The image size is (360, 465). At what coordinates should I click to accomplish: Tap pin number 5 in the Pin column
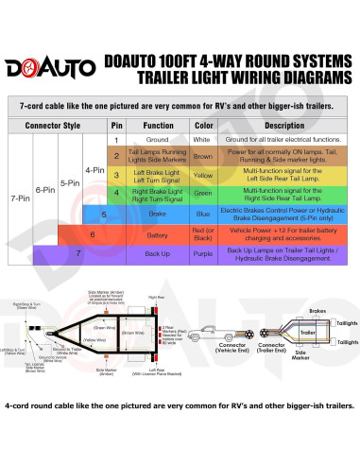pos(116,214)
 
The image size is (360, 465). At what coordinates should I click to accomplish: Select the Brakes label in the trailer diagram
pos(317,310)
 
